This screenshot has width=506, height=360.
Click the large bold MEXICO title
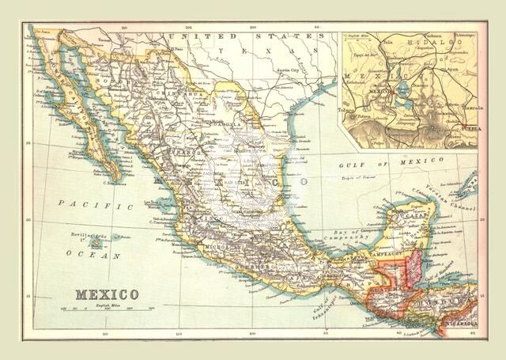[x=107, y=294]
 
